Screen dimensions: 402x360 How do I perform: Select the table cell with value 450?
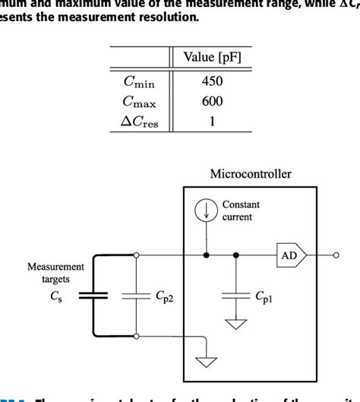click(x=212, y=81)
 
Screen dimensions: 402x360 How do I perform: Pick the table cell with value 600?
click(x=212, y=102)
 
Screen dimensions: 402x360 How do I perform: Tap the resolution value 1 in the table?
click(x=212, y=122)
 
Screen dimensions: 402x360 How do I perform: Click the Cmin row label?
click(x=140, y=81)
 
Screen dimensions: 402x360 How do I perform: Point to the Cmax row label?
click(x=140, y=102)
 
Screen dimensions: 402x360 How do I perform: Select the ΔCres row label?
click(x=140, y=122)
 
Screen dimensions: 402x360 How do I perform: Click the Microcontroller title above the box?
click(x=250, y=174)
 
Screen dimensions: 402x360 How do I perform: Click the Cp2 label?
click(x=165, y=296)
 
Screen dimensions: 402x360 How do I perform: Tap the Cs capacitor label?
click(x=55, y=296)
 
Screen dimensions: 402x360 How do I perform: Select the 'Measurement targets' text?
click(x=55, y=273)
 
